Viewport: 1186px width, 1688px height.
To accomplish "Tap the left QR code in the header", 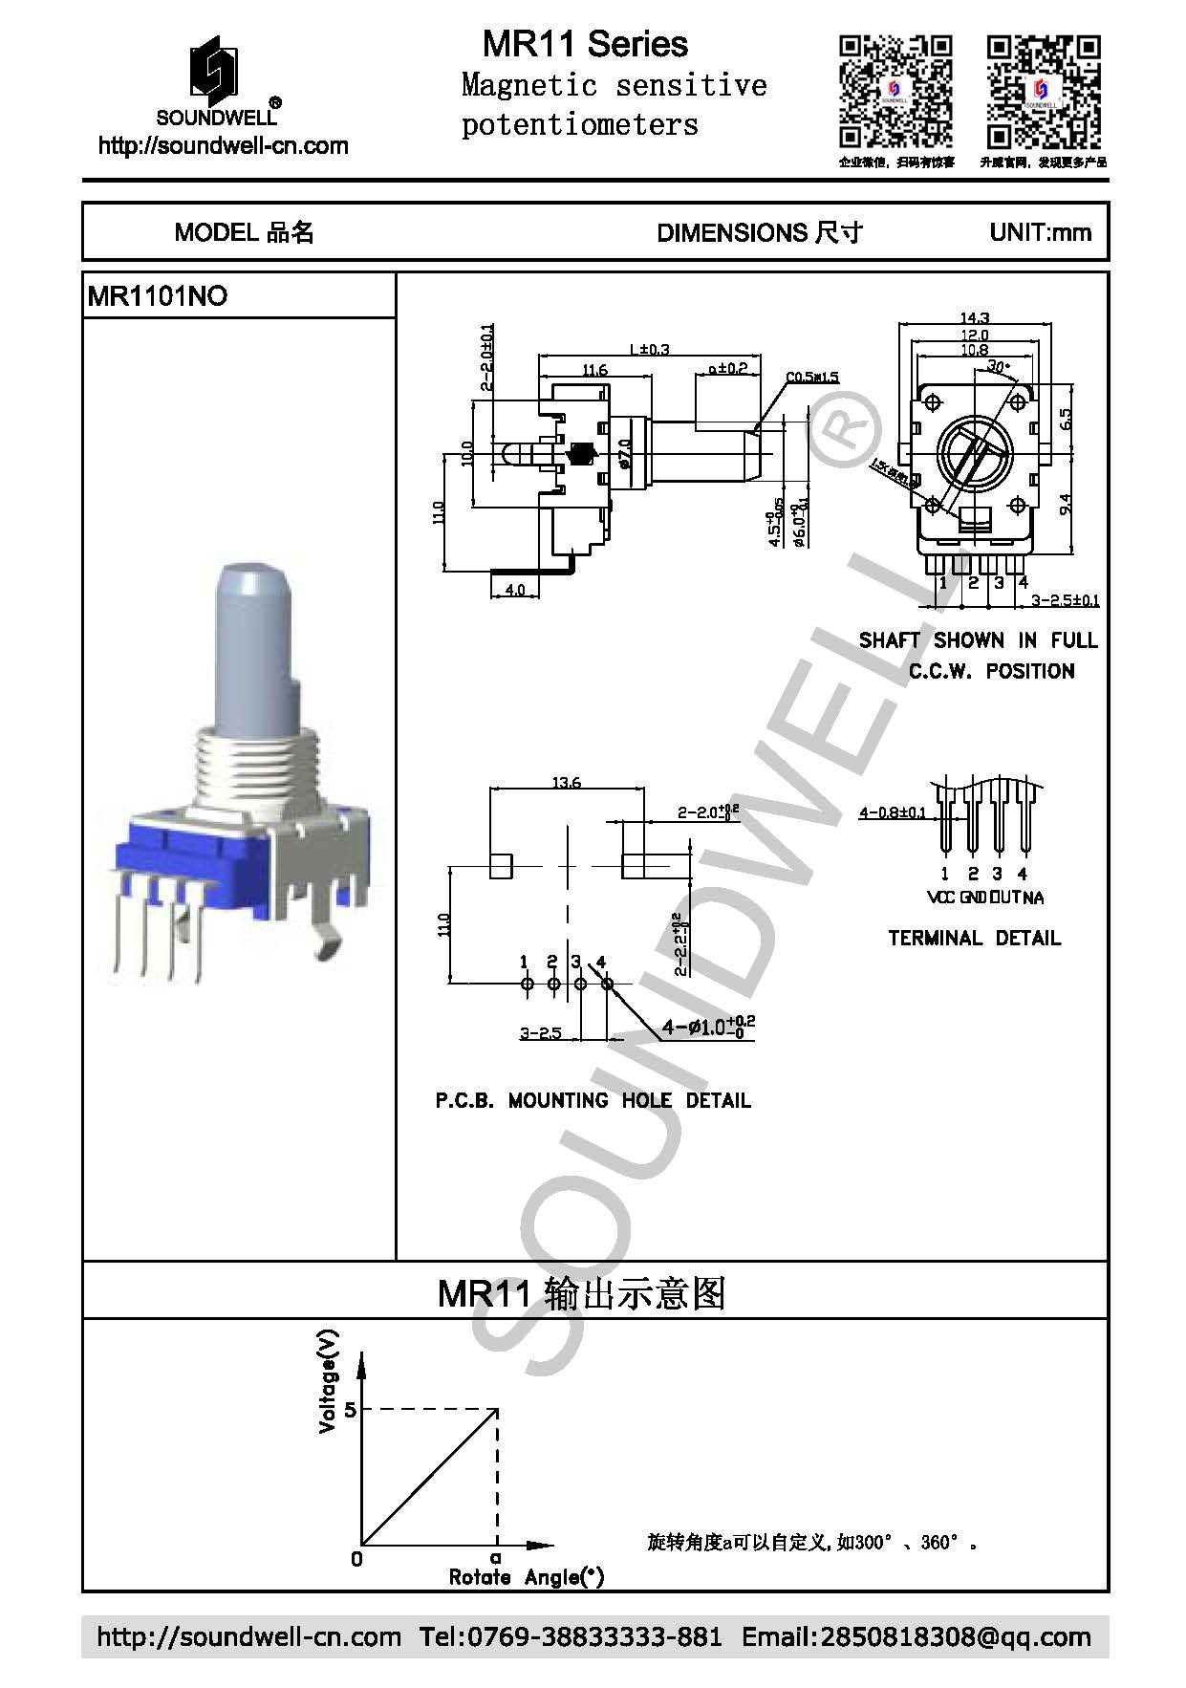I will tap(895, 92).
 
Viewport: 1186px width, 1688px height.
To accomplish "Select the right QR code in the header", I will tap(1043, 92).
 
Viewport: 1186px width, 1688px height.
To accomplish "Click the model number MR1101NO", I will tap(158, 296).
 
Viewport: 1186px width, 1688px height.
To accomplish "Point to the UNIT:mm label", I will tap(1040, 232).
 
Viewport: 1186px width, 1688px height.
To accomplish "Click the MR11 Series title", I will tap(584, 44).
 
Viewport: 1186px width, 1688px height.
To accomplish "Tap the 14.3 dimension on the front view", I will tap(974, 317).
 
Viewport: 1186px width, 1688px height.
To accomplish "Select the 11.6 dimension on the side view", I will tap(594, 369).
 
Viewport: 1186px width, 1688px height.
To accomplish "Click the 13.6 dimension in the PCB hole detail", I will tap(567, 783).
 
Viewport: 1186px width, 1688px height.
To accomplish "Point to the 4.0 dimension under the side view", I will tap(514, 591).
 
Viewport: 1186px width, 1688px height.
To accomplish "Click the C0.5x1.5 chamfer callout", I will tap(812, 377).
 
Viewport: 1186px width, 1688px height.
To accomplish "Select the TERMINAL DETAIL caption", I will tap(974, 938).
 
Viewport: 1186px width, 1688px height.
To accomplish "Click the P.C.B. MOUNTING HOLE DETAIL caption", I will tap(593, 1100).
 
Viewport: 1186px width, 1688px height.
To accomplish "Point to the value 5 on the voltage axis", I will tap(350, 1409).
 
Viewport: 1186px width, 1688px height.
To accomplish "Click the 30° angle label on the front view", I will tap(997, 367).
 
